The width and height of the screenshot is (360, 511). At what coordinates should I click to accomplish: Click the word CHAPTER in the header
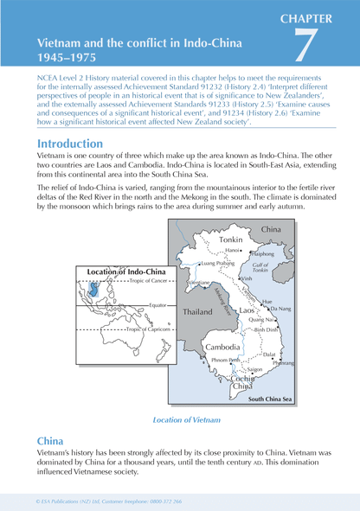316,16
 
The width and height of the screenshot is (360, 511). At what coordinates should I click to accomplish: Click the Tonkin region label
231,239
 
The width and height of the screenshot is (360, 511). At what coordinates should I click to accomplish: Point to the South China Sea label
270,399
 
